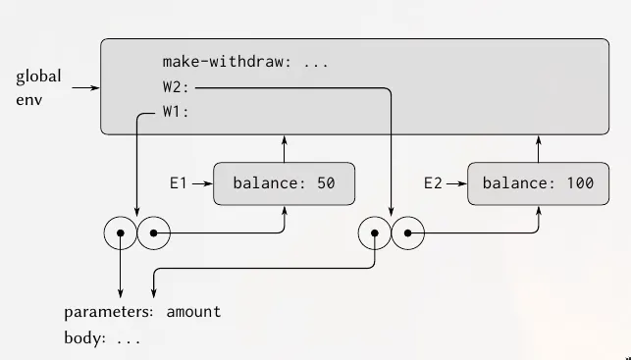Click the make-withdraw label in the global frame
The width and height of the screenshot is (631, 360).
[231, 61]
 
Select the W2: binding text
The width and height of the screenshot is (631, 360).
[177, 87]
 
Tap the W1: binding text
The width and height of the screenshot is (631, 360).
[177, 112]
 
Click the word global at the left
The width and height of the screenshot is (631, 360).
[38, 77]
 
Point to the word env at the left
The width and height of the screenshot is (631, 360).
[29, 100]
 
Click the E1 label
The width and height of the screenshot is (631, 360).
[179, 182]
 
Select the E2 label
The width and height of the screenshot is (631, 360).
[434, 182]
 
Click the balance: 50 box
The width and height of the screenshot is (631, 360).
[284, 183]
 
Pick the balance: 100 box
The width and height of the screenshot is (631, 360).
[539, 183]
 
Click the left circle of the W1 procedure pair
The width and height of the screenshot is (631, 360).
[120, 233]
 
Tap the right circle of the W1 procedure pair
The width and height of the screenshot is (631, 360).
[154, 233]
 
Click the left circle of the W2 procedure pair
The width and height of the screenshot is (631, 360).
[374, 233]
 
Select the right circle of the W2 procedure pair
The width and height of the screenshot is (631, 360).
[408, 233]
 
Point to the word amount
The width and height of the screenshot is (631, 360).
[193, 312]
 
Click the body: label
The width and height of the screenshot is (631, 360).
[86, 338]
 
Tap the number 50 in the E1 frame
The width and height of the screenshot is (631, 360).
[327, 183]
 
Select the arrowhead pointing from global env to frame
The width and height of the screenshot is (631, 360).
[95, 88]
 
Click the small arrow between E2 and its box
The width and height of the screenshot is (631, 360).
[457, 182]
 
